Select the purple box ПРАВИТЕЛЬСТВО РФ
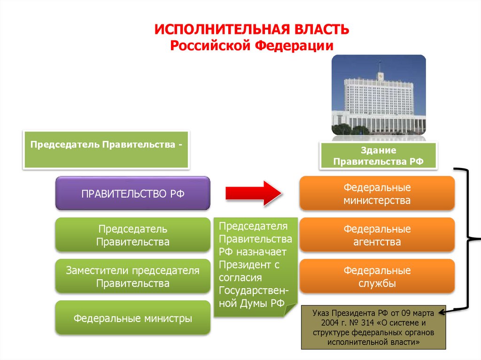132,193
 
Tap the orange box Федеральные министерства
377,193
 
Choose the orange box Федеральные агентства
377,235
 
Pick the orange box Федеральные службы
377,277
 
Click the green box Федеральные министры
132,318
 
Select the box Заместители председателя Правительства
132,277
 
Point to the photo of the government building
379,95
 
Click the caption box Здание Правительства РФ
378,156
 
